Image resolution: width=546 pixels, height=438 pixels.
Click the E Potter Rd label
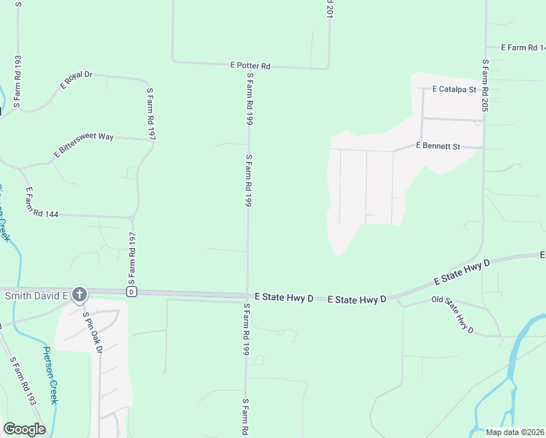coord(250,66)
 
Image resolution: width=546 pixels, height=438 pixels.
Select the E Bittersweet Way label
coord(83,145)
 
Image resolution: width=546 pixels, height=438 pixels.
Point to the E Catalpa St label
coord(453,90)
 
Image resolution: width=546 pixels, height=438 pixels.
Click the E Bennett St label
coord(437,146)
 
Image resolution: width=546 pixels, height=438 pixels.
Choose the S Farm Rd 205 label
coord(485,85)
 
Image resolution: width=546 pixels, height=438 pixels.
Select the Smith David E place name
coord(36,296)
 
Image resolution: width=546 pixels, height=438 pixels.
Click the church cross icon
coord(80,295)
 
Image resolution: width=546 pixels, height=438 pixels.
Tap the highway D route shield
coord(131,292)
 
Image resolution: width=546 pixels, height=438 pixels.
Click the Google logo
coord(24,429)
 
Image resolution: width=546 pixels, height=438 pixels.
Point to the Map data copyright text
coord(515,432)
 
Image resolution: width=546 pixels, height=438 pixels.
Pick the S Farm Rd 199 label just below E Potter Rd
coord(249,98)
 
